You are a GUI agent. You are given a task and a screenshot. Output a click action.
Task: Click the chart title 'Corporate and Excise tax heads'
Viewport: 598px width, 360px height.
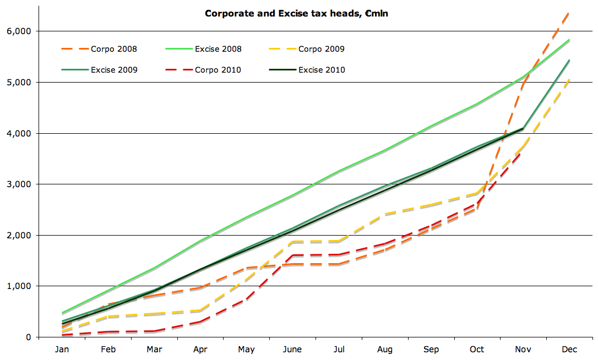click(296, 13)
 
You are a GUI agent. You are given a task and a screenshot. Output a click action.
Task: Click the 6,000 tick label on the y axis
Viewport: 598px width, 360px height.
click(19, 31)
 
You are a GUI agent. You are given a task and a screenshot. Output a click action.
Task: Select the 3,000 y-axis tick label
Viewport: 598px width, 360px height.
click(19, 184)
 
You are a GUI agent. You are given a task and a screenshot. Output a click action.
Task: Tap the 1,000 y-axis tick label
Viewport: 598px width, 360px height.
click(19, 286)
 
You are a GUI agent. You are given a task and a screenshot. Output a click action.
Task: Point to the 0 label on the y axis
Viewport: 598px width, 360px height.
click(28, 337)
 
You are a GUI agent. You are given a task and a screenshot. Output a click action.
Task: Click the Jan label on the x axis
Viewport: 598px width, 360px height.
click(62, 350)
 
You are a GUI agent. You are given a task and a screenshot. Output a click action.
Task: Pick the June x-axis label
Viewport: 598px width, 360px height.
click(292, 350)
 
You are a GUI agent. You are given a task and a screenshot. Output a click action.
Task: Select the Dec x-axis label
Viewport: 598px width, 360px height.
click(569, 350)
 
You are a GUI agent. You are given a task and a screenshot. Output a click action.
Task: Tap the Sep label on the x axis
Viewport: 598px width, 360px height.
click(431, 350)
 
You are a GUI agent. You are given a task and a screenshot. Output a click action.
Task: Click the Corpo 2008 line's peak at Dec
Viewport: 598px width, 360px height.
click(569, 12)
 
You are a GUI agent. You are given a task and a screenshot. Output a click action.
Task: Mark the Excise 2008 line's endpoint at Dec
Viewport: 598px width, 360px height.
click(569, 40)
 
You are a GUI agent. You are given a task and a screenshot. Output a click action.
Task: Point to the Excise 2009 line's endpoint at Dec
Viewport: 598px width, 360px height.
click(569, 61)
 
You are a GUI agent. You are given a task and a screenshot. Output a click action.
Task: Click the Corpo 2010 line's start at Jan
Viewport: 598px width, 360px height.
click(62, 335)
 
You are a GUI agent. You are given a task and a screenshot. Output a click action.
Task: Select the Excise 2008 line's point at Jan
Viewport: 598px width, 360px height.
click(62, 313)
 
